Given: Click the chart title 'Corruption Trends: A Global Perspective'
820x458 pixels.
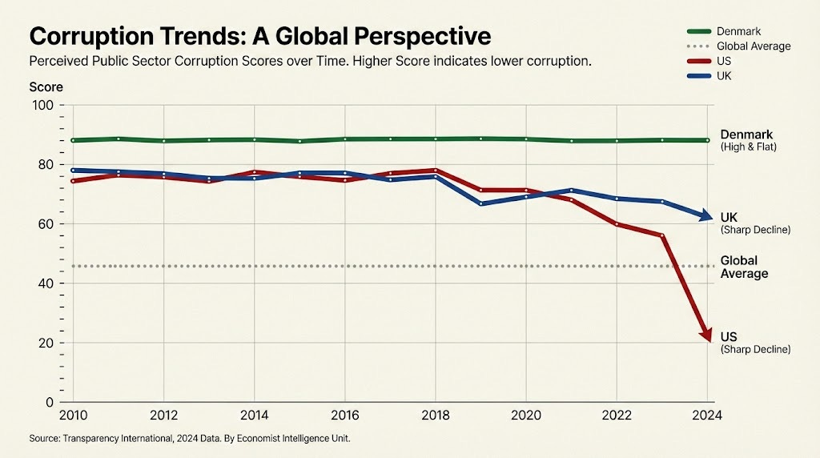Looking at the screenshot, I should click(x=259, y=36).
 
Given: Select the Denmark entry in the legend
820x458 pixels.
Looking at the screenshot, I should click(x=738, y=31).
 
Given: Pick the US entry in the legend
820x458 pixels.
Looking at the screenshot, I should click(x=725, y=61).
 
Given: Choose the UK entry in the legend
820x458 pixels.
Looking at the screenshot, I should click(x=725, y=75).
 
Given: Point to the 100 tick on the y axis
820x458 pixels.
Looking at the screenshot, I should click(x=42, y=106).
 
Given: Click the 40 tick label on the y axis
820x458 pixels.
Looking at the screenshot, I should click(x=45, y=283).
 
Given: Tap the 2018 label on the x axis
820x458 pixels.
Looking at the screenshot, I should click(x=435, y=416).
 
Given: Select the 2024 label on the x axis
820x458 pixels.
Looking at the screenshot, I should click(x=706, y=416).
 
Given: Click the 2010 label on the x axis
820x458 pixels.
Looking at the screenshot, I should click(x=73, y=416).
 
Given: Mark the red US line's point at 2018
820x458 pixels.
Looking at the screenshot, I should click(x=435, y=171).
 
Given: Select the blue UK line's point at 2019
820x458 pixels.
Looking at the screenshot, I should click(x=480, y=203).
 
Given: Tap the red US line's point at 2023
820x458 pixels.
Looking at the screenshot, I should click(x=661, y=235).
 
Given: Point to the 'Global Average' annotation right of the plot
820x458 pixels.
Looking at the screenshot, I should click(x=744, y=267).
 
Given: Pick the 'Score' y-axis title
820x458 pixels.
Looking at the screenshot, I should click(x=46, y=86).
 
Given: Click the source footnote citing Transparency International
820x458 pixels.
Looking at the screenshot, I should click(x=189, y=439).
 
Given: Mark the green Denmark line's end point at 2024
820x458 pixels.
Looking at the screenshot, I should click(x=706, y=140).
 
